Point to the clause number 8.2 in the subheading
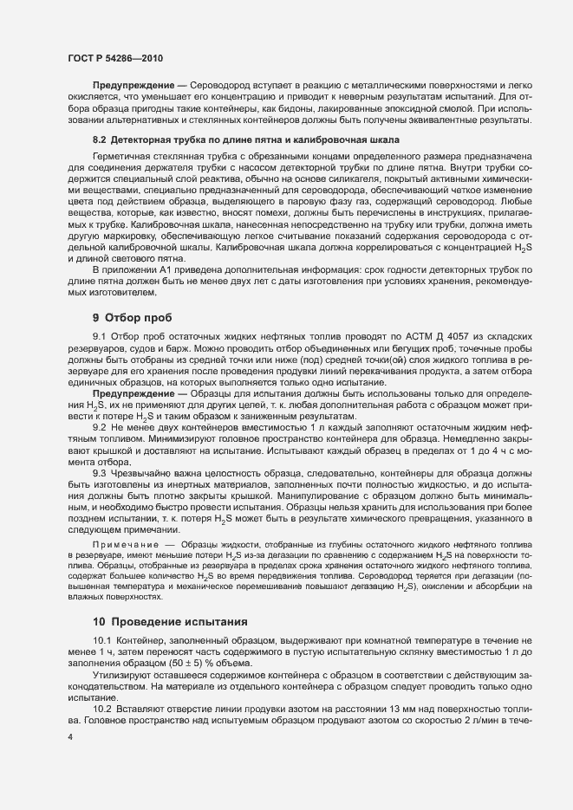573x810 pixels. click(99, 139)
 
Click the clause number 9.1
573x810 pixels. click(99, 334)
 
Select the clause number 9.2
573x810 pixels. click(99, 427)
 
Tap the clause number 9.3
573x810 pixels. click(99, 473)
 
